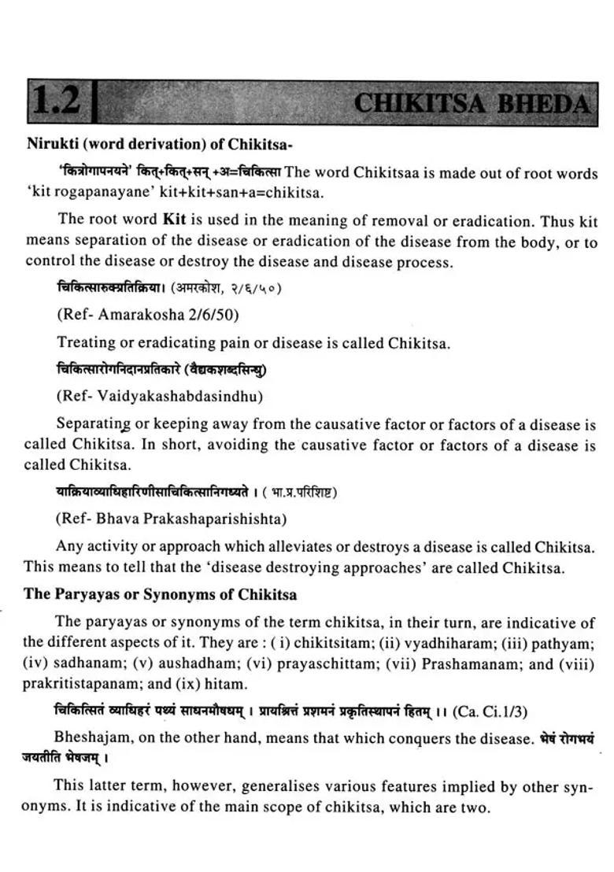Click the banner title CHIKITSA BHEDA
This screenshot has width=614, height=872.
[x=471, y=103]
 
